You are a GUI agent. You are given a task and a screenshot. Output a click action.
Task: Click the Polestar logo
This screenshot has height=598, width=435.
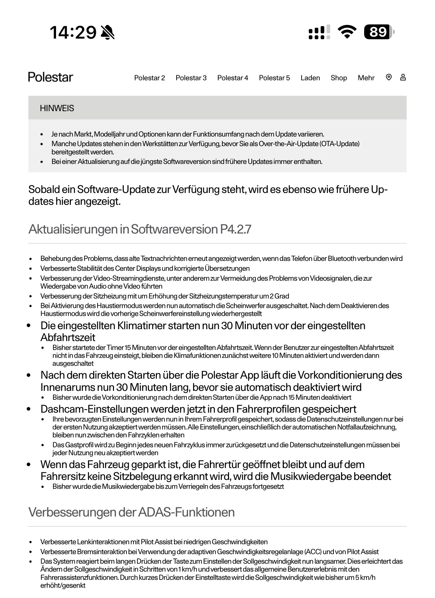click(x=50, y=77)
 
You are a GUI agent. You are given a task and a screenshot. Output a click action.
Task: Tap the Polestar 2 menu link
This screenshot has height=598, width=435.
click(x=149, y=78)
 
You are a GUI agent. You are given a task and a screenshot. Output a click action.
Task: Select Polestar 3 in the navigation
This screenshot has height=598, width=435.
click(x=191, y=78)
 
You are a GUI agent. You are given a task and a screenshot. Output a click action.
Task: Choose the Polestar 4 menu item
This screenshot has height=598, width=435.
click(x=232, y=78)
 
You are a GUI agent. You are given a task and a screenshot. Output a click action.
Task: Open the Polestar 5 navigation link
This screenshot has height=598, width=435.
click(x=274, y=78)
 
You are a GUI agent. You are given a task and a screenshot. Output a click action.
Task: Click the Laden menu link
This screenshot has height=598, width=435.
click(x=310, y=78)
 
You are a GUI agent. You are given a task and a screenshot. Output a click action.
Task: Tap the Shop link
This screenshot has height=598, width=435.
click(x=339, y=78)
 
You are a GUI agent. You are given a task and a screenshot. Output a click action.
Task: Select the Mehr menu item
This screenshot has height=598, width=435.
click(x=366, y=78)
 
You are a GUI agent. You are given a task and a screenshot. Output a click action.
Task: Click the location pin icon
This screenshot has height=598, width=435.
click(x=389, y=77)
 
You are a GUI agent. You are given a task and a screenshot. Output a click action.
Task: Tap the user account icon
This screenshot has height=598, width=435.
click(x=403, y=77)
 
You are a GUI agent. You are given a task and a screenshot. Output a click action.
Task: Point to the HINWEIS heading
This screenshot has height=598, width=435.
click(x=57, y=108)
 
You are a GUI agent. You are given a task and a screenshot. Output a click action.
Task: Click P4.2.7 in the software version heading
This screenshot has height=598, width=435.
click(x=235, y=229)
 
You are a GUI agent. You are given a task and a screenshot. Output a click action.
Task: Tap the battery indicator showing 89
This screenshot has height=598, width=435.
click(x=379, y=32)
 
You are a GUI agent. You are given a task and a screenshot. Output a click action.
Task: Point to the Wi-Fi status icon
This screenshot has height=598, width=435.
click(x=347, y=32)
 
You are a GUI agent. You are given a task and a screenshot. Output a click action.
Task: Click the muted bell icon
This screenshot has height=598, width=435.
click(x=107, y=32)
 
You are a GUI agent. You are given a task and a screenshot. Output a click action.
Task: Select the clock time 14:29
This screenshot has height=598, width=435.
click(x=73, y=32)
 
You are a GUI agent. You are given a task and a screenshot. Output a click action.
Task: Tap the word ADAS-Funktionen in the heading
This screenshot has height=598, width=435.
click(x=186, y=512)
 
